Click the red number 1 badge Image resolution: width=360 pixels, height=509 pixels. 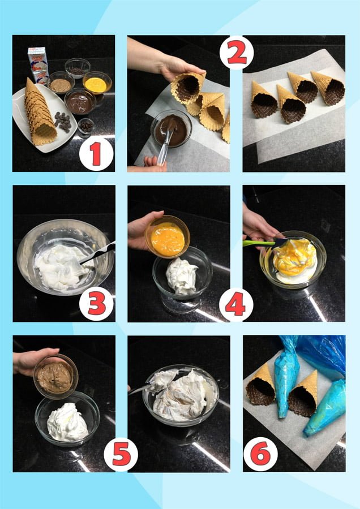pyautogui.click(x=96, y=153)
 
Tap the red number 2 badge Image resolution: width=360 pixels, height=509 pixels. pyautogui.click(x=237, y=52)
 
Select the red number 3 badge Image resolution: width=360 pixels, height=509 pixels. pyautogui.click(x=96, y=304)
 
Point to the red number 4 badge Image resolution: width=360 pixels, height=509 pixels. pyautogui.click(x=236, y=304)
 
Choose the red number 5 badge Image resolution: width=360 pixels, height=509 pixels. pyautogui.click(x=121, y=454)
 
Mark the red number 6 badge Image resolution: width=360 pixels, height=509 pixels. pyautogui.click(x=260, y=454)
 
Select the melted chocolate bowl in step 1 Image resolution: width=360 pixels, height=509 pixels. pyautogui.click(x=80, y=101)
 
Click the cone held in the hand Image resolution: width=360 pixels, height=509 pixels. pyautogui.click(x=187, y=87)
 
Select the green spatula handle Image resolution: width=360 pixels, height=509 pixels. pyautogui.click(x=259, y=243)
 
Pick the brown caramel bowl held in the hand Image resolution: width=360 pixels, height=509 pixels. pyautogui.click(x=56, y=377)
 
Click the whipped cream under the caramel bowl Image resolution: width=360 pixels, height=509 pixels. pyautogui.click(x=67, y=422)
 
